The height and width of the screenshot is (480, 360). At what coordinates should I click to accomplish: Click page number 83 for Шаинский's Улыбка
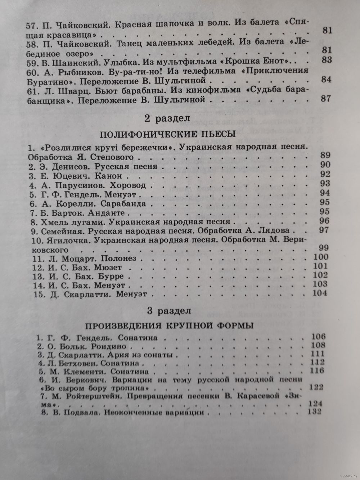(327, 60)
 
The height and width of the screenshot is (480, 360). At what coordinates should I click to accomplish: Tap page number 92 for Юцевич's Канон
(325, 174)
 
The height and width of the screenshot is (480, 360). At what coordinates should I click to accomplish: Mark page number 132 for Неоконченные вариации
(314, 412)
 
